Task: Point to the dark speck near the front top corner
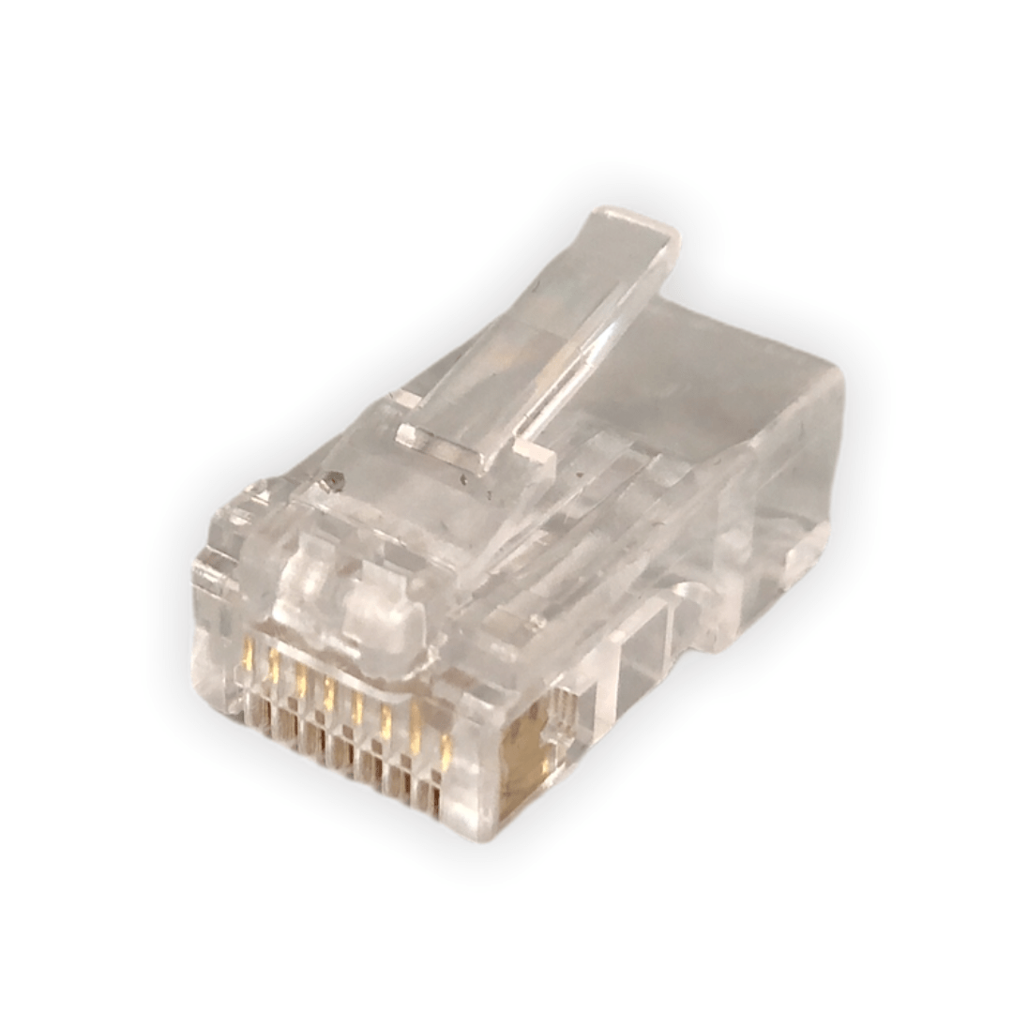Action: (x=330, y=484)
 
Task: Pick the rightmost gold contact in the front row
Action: (x=446, y=750)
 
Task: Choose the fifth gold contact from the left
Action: (x=358, y=710)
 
